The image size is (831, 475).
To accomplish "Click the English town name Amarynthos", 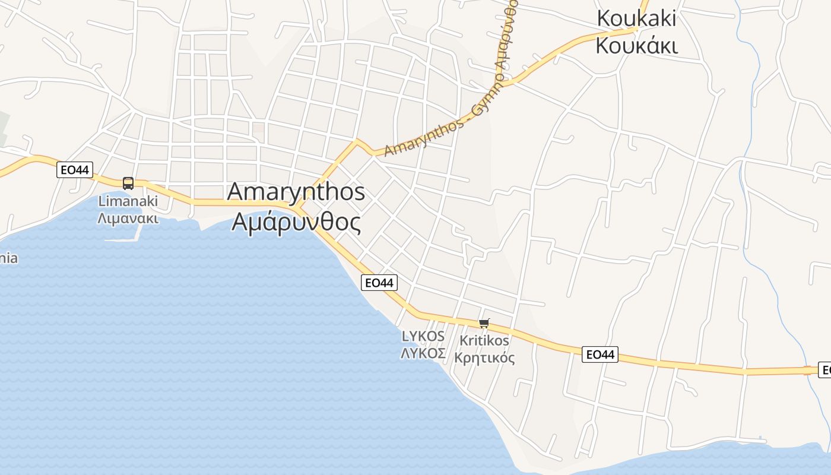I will coord(296,192).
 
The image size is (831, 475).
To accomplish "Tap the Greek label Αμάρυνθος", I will coord(296,222).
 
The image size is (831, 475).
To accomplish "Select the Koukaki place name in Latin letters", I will coord(636,18).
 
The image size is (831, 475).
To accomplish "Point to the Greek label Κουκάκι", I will coord(636,45).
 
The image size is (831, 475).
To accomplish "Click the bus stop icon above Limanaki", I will coord(128,183).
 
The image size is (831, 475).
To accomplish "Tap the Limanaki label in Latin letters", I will coord(128,201).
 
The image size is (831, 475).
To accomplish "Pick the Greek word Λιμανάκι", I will coord(128,218).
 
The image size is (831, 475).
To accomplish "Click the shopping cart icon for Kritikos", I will coord(484,324).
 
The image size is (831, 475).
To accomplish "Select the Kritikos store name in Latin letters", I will coord(484,341).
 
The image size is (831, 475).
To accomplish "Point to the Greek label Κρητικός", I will coord(484,358).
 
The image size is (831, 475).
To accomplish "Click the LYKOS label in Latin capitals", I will coord(423,336).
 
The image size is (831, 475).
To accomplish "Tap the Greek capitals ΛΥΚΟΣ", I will coord(423,353).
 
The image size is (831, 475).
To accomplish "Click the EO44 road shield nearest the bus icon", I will coord(75,170).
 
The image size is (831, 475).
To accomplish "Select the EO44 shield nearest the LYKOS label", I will coord(379,283).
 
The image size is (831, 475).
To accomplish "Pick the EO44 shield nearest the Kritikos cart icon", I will coord(600,354).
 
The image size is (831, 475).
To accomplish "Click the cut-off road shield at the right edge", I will coord(825,370).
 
